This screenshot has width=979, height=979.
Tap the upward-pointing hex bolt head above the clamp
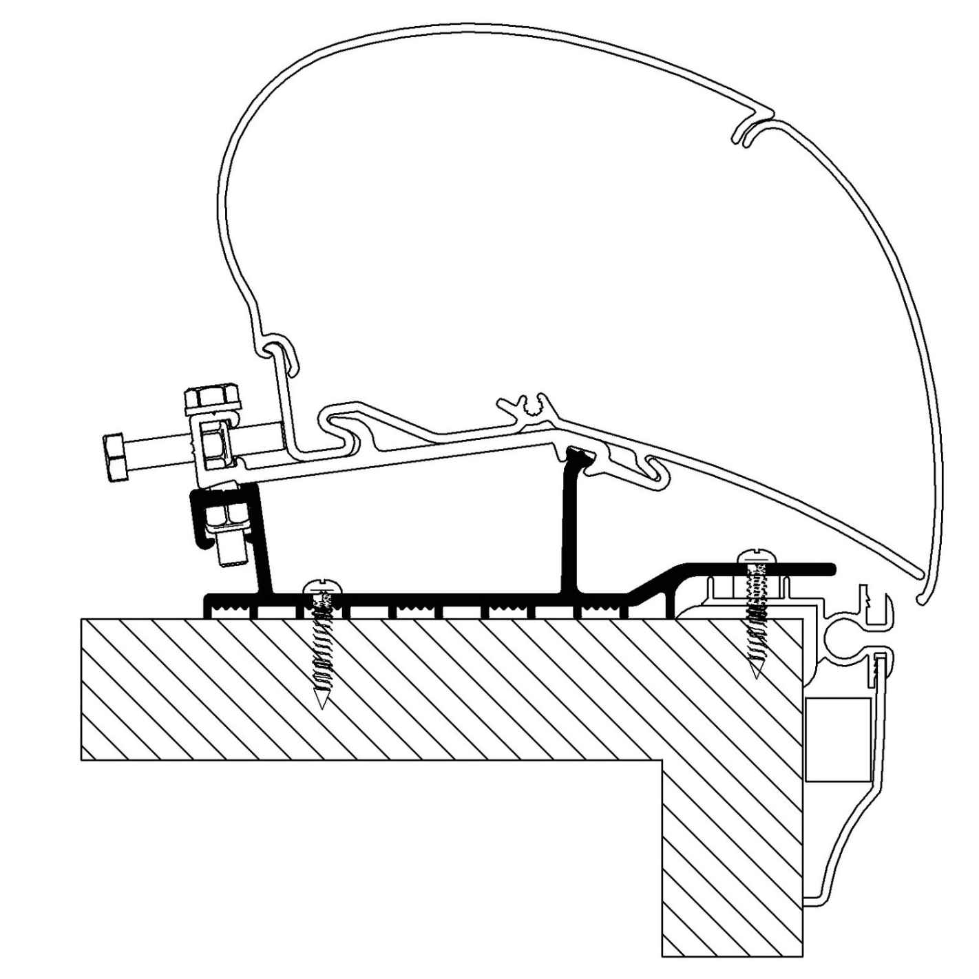tap(210, 398)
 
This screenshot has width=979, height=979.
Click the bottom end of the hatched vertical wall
tap(732, 954)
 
